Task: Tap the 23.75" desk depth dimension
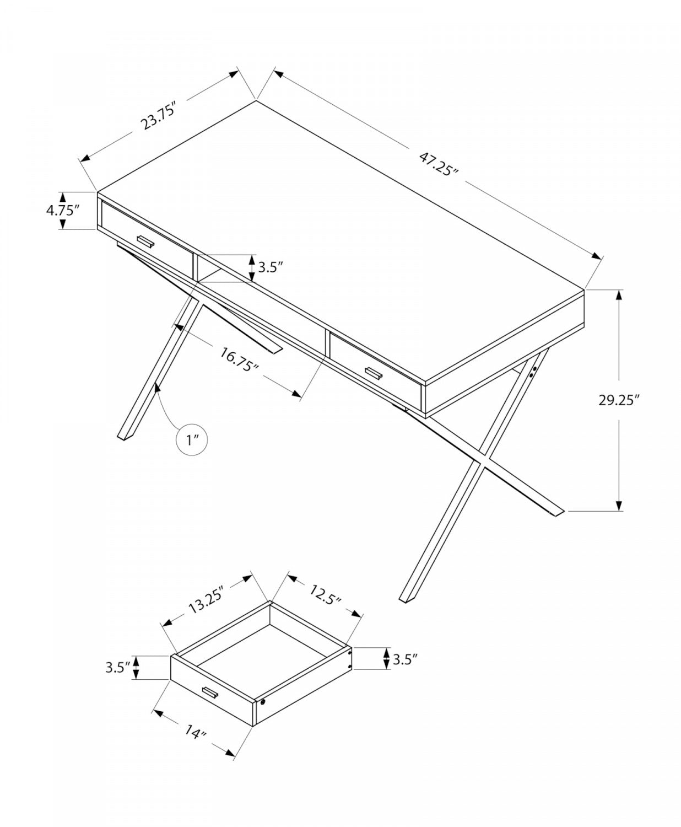pos(158,115)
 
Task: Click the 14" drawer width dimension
pos(195,734)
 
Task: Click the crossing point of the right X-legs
pos(484,459)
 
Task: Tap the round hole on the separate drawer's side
pos(262,703)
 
